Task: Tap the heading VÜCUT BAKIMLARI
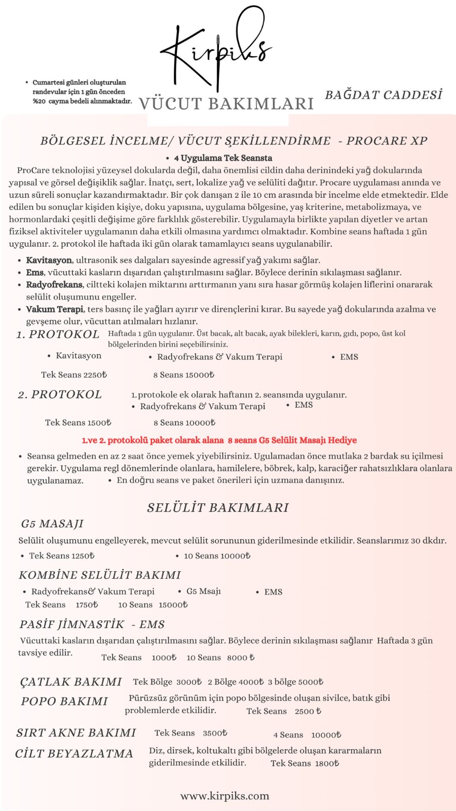(x=226, y=103)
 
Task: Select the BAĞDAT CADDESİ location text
(x=384, y=95)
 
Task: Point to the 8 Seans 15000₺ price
(x=183, y=375)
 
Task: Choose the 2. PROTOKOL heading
(x=60, y=394)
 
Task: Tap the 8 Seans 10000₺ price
(x=184, y=422)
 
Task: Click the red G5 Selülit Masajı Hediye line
(x=219, y=440)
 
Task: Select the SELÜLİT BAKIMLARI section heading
(x=218, y=507)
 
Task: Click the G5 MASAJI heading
(x=52, y=524)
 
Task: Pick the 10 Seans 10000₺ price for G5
(x=217, y=556)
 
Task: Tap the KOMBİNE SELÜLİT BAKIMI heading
(x=100, y=575)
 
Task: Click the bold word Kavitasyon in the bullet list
(x=49, y=260)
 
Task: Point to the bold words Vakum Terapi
(x=54, y=309)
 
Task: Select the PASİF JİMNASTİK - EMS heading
(x=92, y=624)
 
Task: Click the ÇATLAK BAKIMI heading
(x=71, y=682)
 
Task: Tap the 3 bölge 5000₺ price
(x=295, y=682)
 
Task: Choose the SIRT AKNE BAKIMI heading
(x=76, y=732)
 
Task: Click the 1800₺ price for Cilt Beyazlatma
(x=327, y=763)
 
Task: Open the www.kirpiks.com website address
(x=224, y=796)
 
